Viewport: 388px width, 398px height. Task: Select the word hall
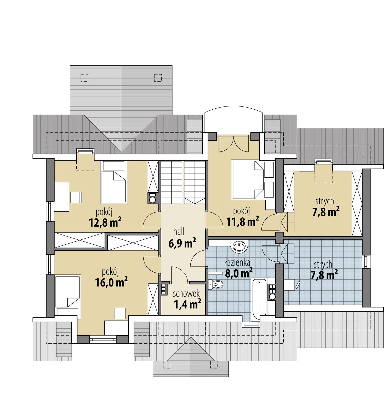179,231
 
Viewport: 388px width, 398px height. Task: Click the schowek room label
186,294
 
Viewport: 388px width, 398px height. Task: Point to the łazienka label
238,262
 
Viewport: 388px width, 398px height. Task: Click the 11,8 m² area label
243,222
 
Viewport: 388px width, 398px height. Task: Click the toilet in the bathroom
216,284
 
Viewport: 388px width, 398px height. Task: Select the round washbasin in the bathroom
239,246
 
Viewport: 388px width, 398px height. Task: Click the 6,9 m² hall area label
182,243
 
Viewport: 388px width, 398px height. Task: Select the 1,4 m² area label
187,304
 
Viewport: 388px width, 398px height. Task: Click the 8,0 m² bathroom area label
239,273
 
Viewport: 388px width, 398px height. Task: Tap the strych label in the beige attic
325,201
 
